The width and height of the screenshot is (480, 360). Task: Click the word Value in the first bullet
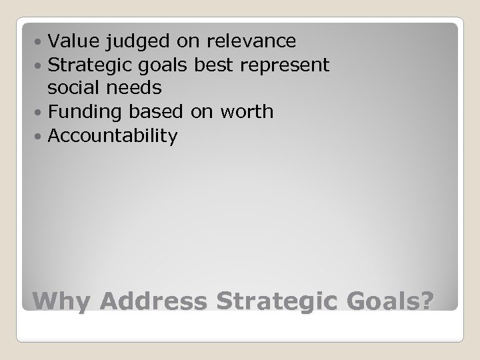click(x=73, y=41)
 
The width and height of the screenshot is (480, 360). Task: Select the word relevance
click(x=251, y=41)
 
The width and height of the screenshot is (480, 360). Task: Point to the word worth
click(x=243, y=111)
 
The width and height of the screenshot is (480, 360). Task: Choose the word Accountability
click(x=113, y=136)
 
